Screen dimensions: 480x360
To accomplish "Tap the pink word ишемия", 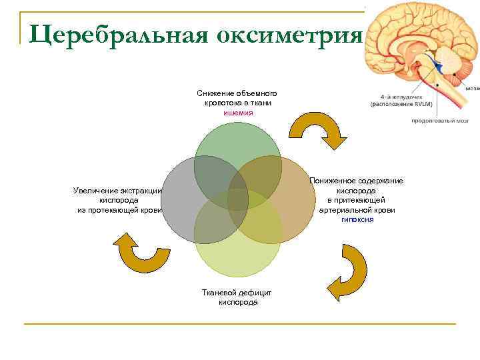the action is point(237,113).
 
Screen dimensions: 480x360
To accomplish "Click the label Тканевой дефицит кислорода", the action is point(237,297).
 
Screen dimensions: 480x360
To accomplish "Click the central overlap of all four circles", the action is point(237,199).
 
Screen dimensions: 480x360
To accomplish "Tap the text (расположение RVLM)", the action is point(401,104).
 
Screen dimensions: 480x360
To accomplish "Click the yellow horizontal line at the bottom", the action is point(240,324).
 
